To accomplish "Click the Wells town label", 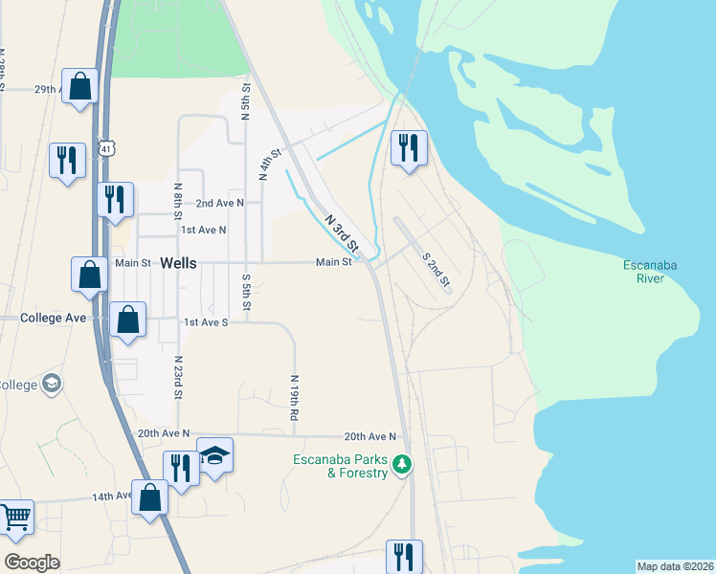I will [x=179, y=263].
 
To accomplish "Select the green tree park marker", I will [x=403, y=465].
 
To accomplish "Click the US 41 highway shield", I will [x=105, y=148].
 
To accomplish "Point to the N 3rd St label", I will [x=342, y=232].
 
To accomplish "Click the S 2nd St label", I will [x=436, y=269].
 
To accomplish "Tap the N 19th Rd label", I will [x=294, y=398].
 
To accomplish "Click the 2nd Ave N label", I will [x=220, y=203].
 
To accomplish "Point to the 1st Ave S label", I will [x=206, y=322].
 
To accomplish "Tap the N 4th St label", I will [x=270, y=165].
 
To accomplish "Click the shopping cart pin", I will [x=15, y=518].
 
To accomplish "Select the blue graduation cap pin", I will [x=215, y=454].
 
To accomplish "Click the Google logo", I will [x=32, y=563].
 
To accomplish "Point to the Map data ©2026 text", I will [x=676, y=566].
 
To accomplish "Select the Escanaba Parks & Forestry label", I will [x=341, y=466].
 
